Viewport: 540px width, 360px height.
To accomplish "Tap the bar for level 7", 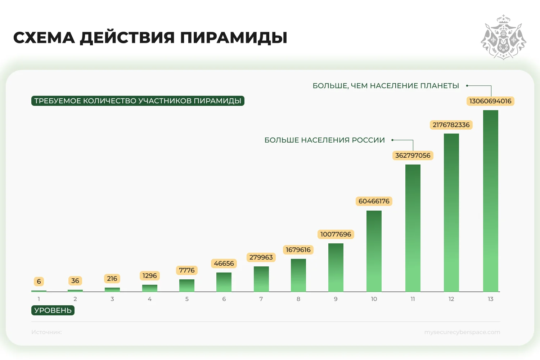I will tap(261, 279).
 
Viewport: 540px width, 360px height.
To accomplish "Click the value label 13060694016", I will tap(490, 101).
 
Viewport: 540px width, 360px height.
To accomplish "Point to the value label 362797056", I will tap(413, 156).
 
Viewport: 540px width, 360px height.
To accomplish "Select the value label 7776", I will tap(186, 270).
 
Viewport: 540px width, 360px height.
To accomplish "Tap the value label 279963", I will tap(261, 257).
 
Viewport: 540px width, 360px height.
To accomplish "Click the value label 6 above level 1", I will tap(39, 282).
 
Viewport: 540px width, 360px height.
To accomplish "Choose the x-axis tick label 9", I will tap(336, 299).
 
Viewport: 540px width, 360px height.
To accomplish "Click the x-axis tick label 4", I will tap(149, 299).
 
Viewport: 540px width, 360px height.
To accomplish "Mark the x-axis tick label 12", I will tap(451, 299).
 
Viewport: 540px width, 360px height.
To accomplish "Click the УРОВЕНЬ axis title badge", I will tap(53, 310).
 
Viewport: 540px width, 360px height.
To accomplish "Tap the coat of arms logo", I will tap(503, 37).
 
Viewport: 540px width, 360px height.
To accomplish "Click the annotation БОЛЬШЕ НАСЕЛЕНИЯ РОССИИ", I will tap(324, 140).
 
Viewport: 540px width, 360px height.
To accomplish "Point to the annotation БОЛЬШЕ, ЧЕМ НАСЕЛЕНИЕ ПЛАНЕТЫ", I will tap(386, 86).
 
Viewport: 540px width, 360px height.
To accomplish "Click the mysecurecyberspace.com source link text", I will tap(462, 332).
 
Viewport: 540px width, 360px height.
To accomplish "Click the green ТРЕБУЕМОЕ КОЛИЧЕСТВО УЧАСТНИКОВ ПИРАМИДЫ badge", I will tap(138, 101).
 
